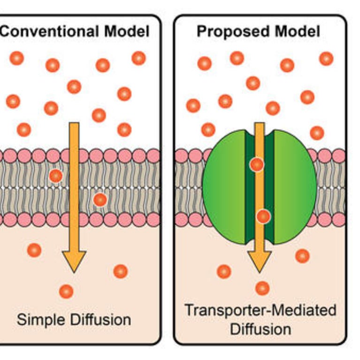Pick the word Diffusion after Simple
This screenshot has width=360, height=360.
pos(100,320)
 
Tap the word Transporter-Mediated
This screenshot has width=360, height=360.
pos(260,311)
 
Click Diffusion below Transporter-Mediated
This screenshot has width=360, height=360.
pos(260,329)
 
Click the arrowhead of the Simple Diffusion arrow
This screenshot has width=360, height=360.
pos(74,261)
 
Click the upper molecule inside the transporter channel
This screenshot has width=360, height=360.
pos(257,165)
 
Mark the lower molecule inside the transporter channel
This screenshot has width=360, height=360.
pos(263,216)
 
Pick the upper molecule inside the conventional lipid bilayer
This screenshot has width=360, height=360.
pos(56,176)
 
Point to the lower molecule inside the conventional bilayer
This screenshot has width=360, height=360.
pos(100,199)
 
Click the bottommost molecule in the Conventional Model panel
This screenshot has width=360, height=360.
pos(66,291)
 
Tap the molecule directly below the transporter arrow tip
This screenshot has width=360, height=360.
pos(262,288)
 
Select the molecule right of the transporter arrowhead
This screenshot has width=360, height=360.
pos(302,256)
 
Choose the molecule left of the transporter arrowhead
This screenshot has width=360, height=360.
pos(224,271)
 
